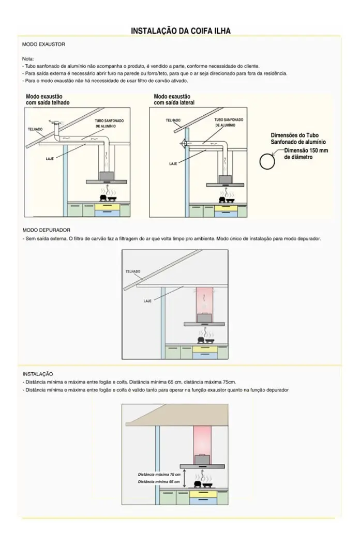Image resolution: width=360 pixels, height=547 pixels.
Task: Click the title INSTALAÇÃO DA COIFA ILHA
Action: pos(181,31)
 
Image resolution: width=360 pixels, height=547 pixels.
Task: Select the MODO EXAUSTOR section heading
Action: pos(43,44)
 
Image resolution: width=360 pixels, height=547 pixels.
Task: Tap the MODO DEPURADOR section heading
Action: pos(47,230)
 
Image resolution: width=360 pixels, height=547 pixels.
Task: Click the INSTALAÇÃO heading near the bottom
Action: pos(38,374)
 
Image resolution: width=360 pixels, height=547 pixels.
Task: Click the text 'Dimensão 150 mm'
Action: pos(306,150)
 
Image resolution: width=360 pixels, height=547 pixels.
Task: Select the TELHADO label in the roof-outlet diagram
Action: pos(35,129)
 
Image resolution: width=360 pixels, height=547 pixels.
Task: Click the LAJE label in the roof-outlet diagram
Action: pos(50,159)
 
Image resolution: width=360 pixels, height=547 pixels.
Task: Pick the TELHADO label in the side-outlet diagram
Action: pos(173,120)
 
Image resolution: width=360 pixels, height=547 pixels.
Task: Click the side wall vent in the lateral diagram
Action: pos(183,143)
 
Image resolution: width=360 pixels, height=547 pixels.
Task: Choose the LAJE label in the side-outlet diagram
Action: pos(173,163)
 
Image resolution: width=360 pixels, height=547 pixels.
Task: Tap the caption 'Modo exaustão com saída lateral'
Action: pos(174,99)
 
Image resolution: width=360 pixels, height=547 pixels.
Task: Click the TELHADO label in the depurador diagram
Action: pos(133,271)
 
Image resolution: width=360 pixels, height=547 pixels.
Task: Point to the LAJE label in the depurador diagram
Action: pos(147,301)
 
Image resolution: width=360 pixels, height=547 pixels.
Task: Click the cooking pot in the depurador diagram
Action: pos(201,340)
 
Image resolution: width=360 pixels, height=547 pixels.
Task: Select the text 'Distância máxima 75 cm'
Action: pos(159,475)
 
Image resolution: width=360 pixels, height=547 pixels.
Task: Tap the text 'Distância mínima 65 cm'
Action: pos(159,482)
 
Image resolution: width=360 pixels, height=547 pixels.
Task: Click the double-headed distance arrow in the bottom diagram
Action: pos(184,478)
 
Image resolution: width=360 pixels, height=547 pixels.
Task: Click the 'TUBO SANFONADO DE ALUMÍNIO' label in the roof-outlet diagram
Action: pos(109,124)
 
